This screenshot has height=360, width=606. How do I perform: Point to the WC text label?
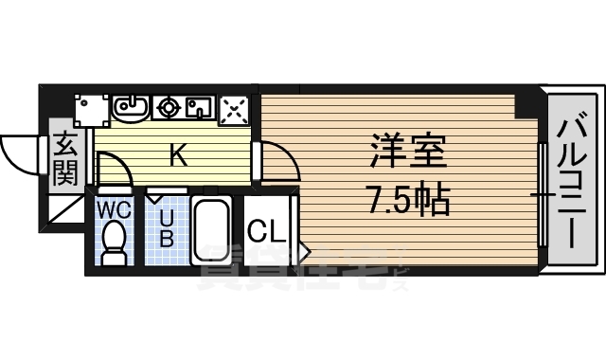point(115,207)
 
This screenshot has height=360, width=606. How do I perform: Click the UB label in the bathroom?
point(167,227)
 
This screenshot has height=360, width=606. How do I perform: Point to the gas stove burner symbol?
point(170,108)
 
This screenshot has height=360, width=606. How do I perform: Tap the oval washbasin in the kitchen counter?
point(130,108)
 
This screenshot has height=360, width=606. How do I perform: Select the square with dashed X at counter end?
point(234,111)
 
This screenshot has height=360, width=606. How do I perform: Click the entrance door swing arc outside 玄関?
point(19,150)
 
